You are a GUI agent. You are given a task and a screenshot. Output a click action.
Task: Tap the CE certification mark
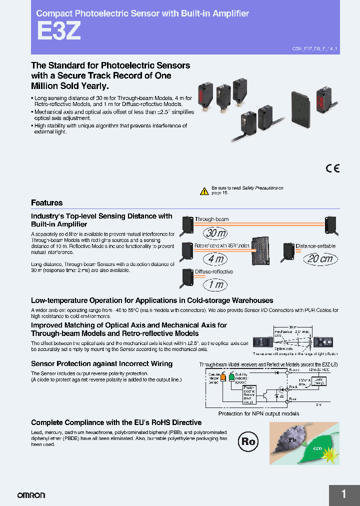coord(332,168)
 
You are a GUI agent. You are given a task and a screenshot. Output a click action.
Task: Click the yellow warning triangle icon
coord(204,191)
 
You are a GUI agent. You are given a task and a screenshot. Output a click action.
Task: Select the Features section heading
coord(47,203)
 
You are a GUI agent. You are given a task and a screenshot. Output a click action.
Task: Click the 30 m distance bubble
coord(215,233)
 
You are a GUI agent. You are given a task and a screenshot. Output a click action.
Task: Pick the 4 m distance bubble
coord(215,259)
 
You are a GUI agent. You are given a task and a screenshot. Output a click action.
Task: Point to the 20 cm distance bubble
coord(320,258)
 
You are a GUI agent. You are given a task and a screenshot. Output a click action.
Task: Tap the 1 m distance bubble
coord(215,285)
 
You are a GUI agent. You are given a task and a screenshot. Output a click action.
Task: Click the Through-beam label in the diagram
coord(211,219)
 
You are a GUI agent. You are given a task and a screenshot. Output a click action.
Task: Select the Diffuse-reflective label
coord(213,272)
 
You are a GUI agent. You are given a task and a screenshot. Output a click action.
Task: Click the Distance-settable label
coord(315,246)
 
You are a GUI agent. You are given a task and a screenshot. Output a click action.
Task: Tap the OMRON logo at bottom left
coord(31,495)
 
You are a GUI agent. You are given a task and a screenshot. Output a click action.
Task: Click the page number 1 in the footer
coord(344,494)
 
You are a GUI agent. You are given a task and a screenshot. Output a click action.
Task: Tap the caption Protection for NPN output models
coord(258,413)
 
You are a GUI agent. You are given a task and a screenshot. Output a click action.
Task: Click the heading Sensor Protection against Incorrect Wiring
coord(101,363)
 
